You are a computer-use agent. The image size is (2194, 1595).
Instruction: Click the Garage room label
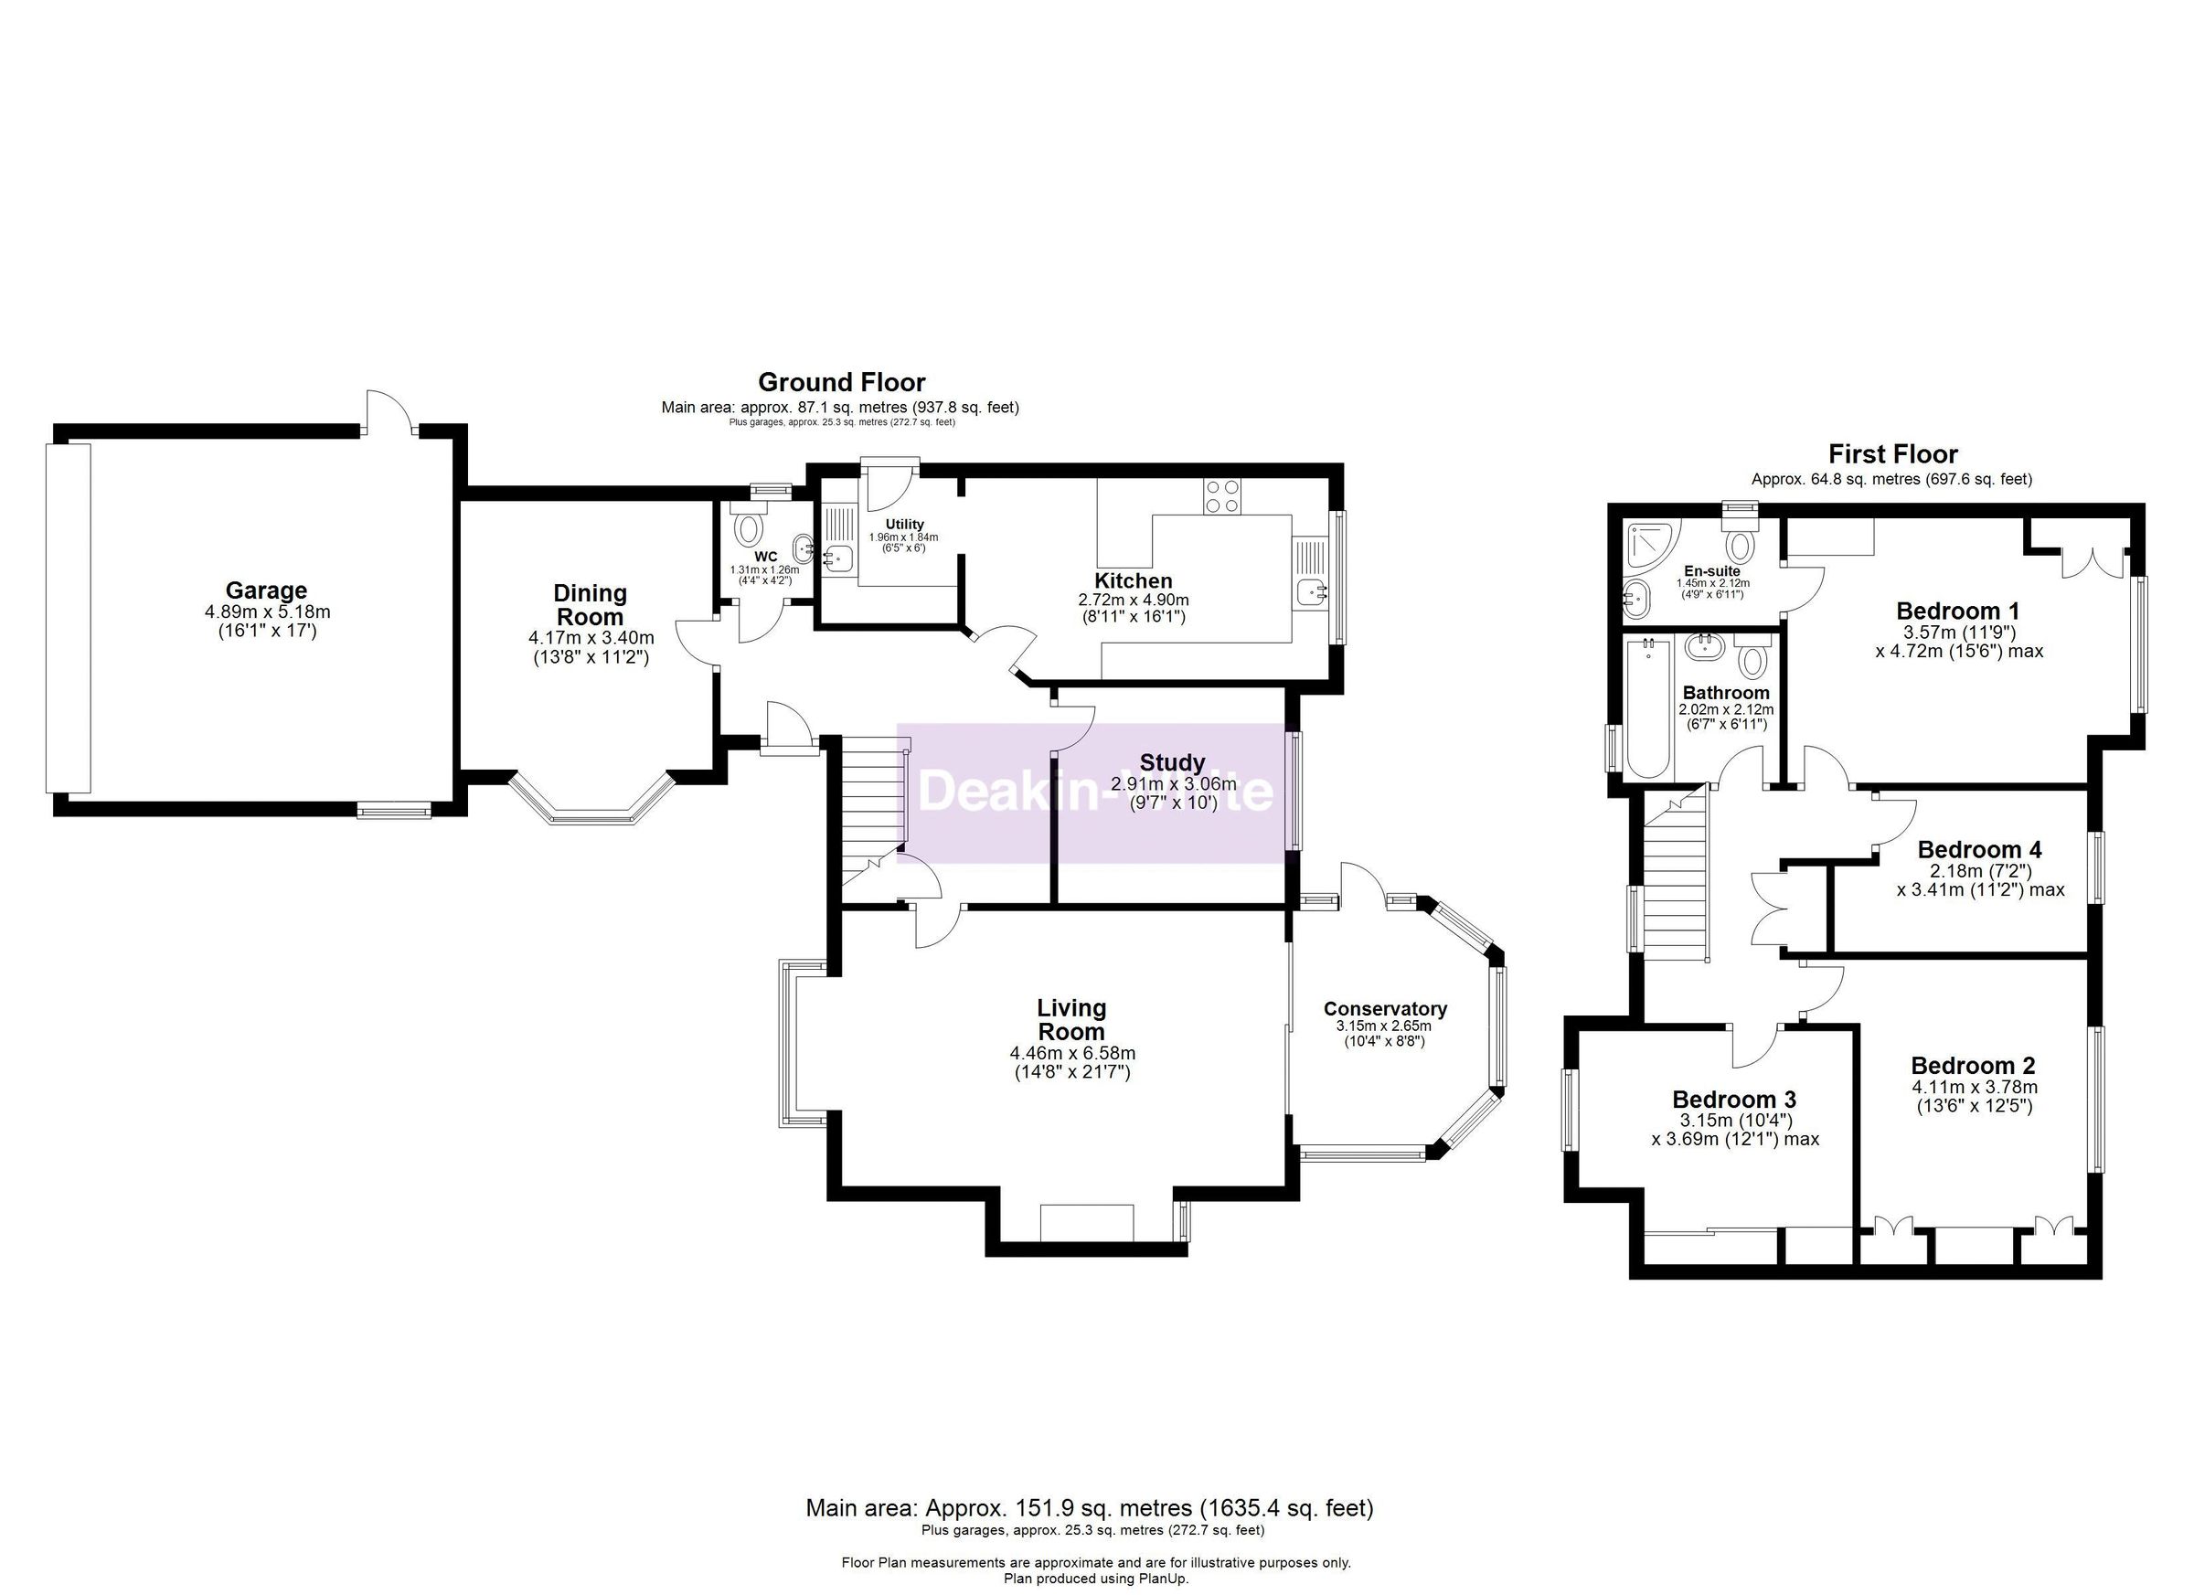tap(266, 590)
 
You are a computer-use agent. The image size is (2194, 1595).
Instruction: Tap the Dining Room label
tap(591, 604)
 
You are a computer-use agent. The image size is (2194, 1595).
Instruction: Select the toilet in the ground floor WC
tap(749, 529)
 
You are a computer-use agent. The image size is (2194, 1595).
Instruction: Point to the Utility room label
tap(904, 525)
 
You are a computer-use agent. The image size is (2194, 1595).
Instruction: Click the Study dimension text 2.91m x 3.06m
tap(1173, 784)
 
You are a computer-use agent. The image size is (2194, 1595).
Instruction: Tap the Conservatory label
tap(1384, 1009)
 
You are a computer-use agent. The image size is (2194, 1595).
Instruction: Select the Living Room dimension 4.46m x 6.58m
tap(1071, 1053)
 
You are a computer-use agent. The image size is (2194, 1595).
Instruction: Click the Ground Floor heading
tap(841, 382)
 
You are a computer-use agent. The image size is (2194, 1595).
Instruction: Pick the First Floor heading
tap(1892, 453)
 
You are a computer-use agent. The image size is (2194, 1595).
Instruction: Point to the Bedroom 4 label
tap(1979, 849)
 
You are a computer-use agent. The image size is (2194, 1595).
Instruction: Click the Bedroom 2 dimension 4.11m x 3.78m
tap(1973, 1086)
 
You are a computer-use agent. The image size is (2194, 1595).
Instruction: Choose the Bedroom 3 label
tap(1733, 1099)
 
